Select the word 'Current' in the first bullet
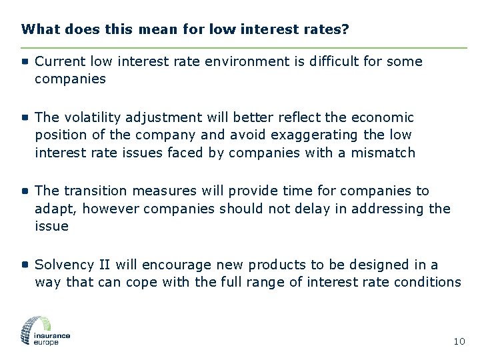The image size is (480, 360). [60, 61]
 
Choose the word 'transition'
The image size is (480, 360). [99, 191]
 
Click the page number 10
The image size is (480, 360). [459, 341]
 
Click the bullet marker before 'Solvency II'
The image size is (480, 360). [25, 264]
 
